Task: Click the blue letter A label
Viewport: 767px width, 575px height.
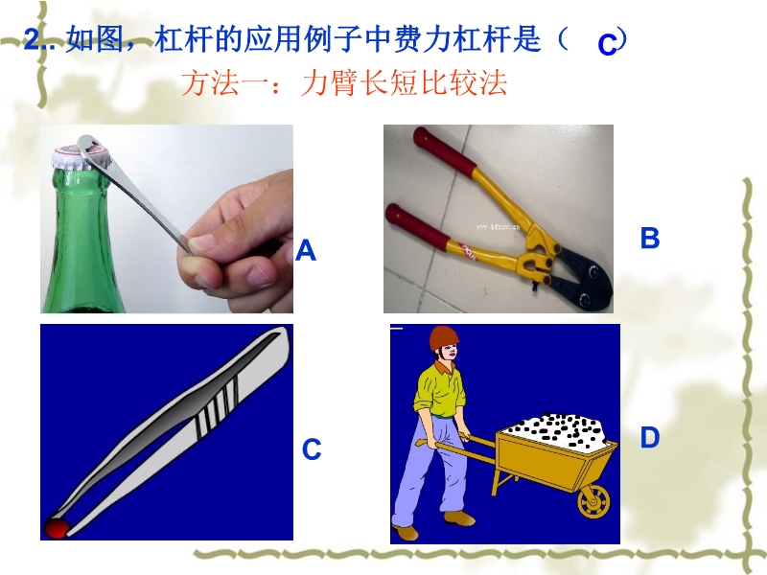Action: click(x=306, y=251)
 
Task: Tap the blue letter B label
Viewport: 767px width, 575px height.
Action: click(x=650, y=238)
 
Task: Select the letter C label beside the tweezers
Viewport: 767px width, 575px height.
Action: click(x=312, y=449)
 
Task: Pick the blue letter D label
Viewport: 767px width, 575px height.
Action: click(x=650, y=437)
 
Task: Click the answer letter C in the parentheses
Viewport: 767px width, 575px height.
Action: click(x=607, y=45)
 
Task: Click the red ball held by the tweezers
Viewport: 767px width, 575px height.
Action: click(x=57, y=528)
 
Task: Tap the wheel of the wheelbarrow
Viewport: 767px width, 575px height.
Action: click(x=593, y=501)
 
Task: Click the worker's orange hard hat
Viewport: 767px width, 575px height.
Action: click(x=444, y=336)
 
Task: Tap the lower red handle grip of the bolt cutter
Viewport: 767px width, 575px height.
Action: click(x=417, y=228)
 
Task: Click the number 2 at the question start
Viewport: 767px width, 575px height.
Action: click(x=32, y=39)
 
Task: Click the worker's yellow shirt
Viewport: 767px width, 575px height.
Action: click(x=439, y=390)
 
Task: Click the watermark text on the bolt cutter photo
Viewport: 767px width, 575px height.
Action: click(x=497, y=227)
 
